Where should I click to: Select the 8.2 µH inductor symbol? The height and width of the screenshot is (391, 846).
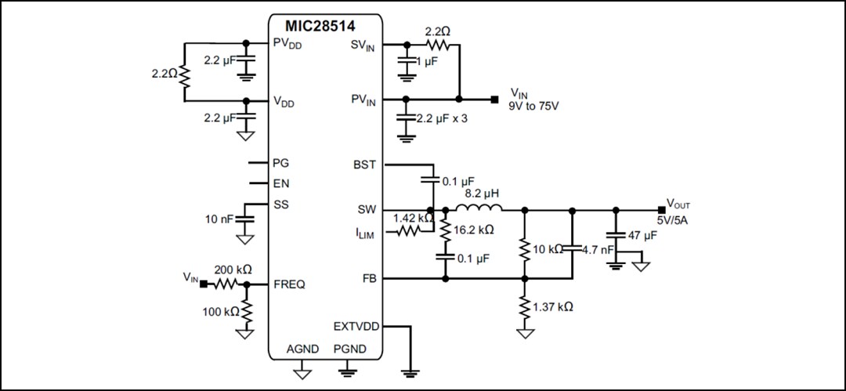click(x=479, y=209)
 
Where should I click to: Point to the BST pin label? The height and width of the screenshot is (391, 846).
click(x=365, y=165)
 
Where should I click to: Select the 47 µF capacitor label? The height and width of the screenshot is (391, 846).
click(x=642, y=235)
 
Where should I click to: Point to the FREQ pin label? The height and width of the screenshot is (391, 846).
click(x=289, y=284)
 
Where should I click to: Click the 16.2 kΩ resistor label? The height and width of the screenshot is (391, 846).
click(x=473, y=230)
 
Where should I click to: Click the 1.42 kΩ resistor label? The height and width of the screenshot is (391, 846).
click(x=412, y=217)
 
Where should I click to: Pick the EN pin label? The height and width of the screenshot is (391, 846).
click(x=280, y=184)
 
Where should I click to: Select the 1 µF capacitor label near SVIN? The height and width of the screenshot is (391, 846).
click(x=428, y=63)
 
